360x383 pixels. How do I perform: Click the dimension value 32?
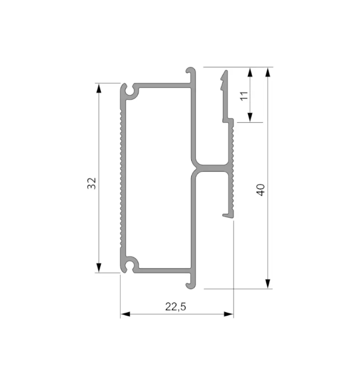(x=92, y=183)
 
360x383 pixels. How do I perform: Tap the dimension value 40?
(x=261, y=190)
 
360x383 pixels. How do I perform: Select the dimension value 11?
(x=244, y=96)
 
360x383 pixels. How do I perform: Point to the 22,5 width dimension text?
(x=176, y=307)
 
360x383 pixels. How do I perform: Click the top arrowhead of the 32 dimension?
(x=99, y=88)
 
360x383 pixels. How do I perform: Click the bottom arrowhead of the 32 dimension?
(x=99, y=268)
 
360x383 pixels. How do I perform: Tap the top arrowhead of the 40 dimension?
(x=268, y=72)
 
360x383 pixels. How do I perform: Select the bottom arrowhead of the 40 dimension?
(x=268, y=284)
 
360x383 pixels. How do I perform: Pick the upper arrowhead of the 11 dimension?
(x=250, y=72)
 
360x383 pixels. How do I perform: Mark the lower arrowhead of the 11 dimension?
(x=250, y=117)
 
